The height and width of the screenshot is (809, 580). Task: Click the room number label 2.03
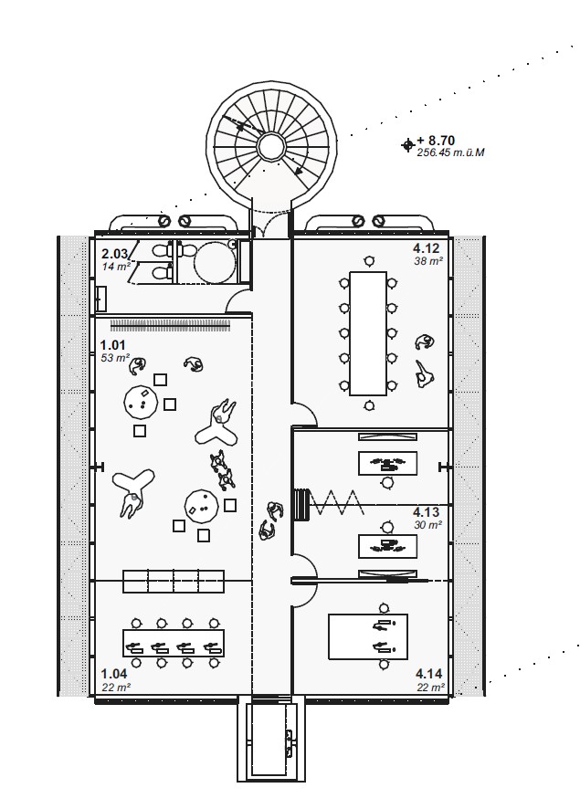point(113,254)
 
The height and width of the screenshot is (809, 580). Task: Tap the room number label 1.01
point(113,345)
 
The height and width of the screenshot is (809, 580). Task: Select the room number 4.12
point(427,248)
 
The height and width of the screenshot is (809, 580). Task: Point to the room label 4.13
point(427,512)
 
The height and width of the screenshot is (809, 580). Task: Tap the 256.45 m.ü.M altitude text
point(450,153)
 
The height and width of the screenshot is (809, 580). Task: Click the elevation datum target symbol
point(408,144)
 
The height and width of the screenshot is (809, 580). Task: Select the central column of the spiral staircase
point(270,146)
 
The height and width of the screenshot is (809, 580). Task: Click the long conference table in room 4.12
point(368,332)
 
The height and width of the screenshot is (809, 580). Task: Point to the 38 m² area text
point(429,260)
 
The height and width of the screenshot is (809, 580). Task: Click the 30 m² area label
point(428,525)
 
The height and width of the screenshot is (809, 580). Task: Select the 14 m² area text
point(114,267)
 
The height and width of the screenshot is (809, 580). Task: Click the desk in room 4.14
point(368,636)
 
